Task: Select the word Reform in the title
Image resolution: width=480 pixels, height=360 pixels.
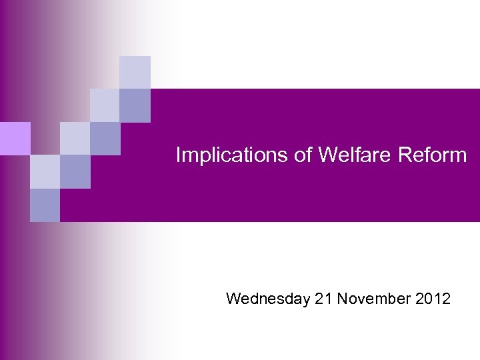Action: (432, 155)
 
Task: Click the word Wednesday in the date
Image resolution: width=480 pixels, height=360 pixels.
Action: (268, 299)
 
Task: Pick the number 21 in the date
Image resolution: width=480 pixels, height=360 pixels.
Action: (323, 299)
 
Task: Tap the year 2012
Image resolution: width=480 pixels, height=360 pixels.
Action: (433, 299)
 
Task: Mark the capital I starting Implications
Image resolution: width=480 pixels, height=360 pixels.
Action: (178, 155)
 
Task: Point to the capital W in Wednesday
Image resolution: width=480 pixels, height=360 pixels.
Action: (233, 299)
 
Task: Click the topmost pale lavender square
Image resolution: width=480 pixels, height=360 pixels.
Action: (135, 72)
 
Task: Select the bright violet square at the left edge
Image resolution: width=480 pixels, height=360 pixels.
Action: (15, 139)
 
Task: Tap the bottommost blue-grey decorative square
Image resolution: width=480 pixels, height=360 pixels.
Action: (45, 205)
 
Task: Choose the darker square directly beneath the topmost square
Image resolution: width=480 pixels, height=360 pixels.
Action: (135, 105)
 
